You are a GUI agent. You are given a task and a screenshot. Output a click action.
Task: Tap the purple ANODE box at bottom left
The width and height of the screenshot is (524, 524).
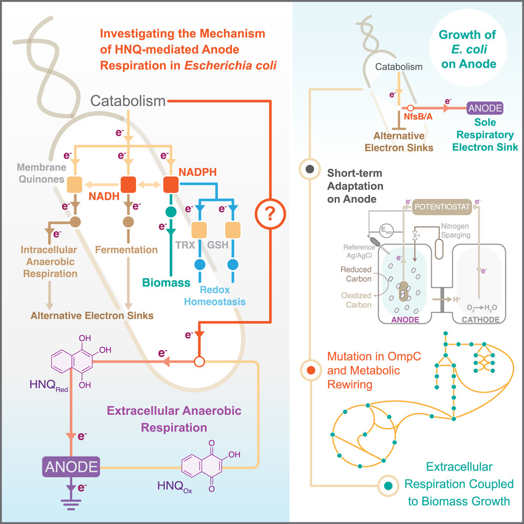pos(71,467)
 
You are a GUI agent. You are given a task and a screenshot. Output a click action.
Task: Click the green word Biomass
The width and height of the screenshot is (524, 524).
pos(166,284)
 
